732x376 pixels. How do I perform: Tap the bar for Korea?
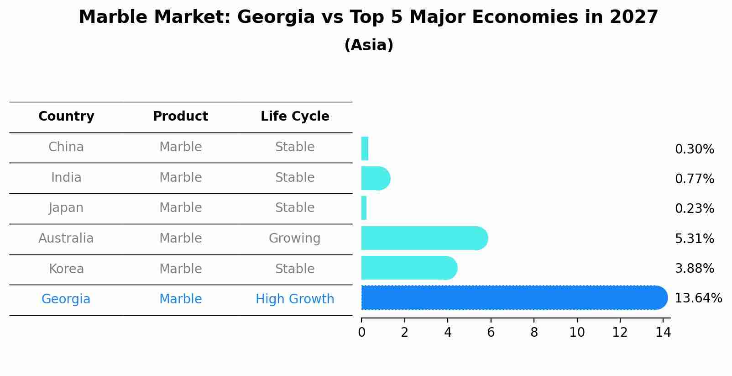pos(409,268)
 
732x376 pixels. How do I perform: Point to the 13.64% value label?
pos(698,298)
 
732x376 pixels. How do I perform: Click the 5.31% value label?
pos(694,238)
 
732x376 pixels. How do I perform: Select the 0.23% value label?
pos(694,209)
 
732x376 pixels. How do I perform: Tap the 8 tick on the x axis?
pos(534,333)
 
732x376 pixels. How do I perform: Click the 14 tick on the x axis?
pos(663,333)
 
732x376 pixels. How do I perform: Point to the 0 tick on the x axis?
pos(361,333)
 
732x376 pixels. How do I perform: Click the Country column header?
pos(66,117)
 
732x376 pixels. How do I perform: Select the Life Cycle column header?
pos(295,117)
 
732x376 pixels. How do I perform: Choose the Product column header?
pos(180,117)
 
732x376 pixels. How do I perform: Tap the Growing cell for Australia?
pos(294,238)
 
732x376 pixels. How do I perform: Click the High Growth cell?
pos(295,299)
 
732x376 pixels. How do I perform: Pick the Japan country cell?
pos(66,208)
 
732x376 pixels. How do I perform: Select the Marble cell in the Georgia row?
pos(180,299)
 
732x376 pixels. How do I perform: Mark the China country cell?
pos(66,147)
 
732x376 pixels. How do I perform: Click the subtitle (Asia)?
pos(369,45)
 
